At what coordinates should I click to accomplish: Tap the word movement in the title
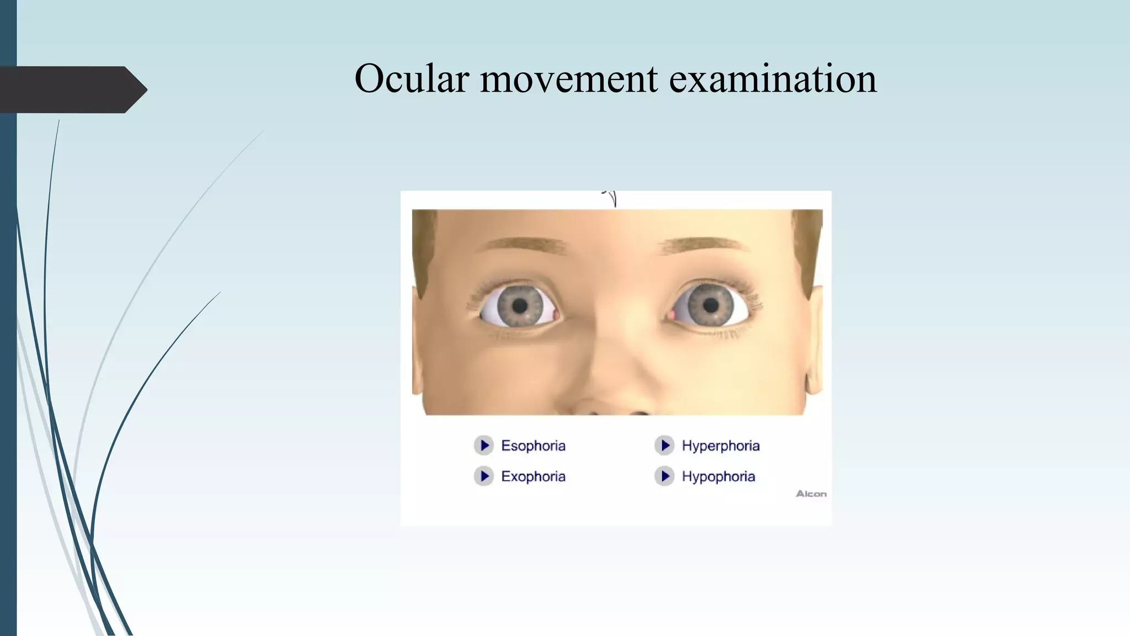(569, 78)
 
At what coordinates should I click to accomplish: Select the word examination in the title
(772, 78)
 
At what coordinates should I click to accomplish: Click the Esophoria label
(533, 446)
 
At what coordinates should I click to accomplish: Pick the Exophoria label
(533, 476)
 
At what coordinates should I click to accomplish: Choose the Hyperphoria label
(721, 446)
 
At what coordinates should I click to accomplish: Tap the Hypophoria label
(718, 476)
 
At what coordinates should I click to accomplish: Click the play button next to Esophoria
(484, 445)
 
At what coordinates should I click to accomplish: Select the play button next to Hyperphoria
(665, 445)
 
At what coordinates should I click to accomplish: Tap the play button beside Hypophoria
(665, 476)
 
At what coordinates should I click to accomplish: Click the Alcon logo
(811, 494)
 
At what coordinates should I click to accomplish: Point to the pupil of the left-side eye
(520, 305)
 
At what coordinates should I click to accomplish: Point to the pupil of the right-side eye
(711, 305)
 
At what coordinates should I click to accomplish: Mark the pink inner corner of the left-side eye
(556, 315)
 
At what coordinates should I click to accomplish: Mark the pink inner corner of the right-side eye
(672, 315)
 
